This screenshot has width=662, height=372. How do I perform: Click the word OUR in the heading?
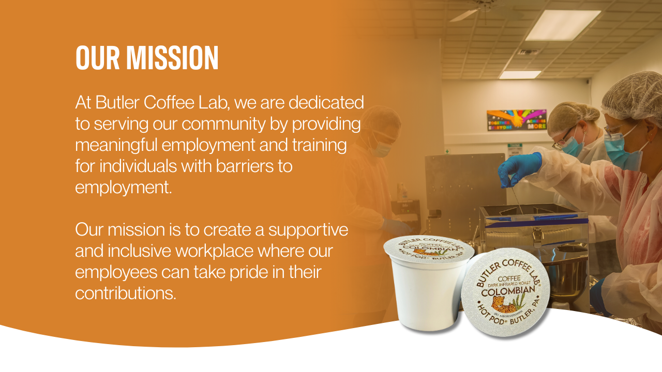click(98, 58)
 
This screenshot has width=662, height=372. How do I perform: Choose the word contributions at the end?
click(126, 293)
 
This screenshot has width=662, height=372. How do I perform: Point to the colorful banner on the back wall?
click(516, 120)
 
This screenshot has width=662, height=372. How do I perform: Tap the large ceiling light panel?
click(563, 25)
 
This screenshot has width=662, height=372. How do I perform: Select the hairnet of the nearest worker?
click(633, 96)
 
